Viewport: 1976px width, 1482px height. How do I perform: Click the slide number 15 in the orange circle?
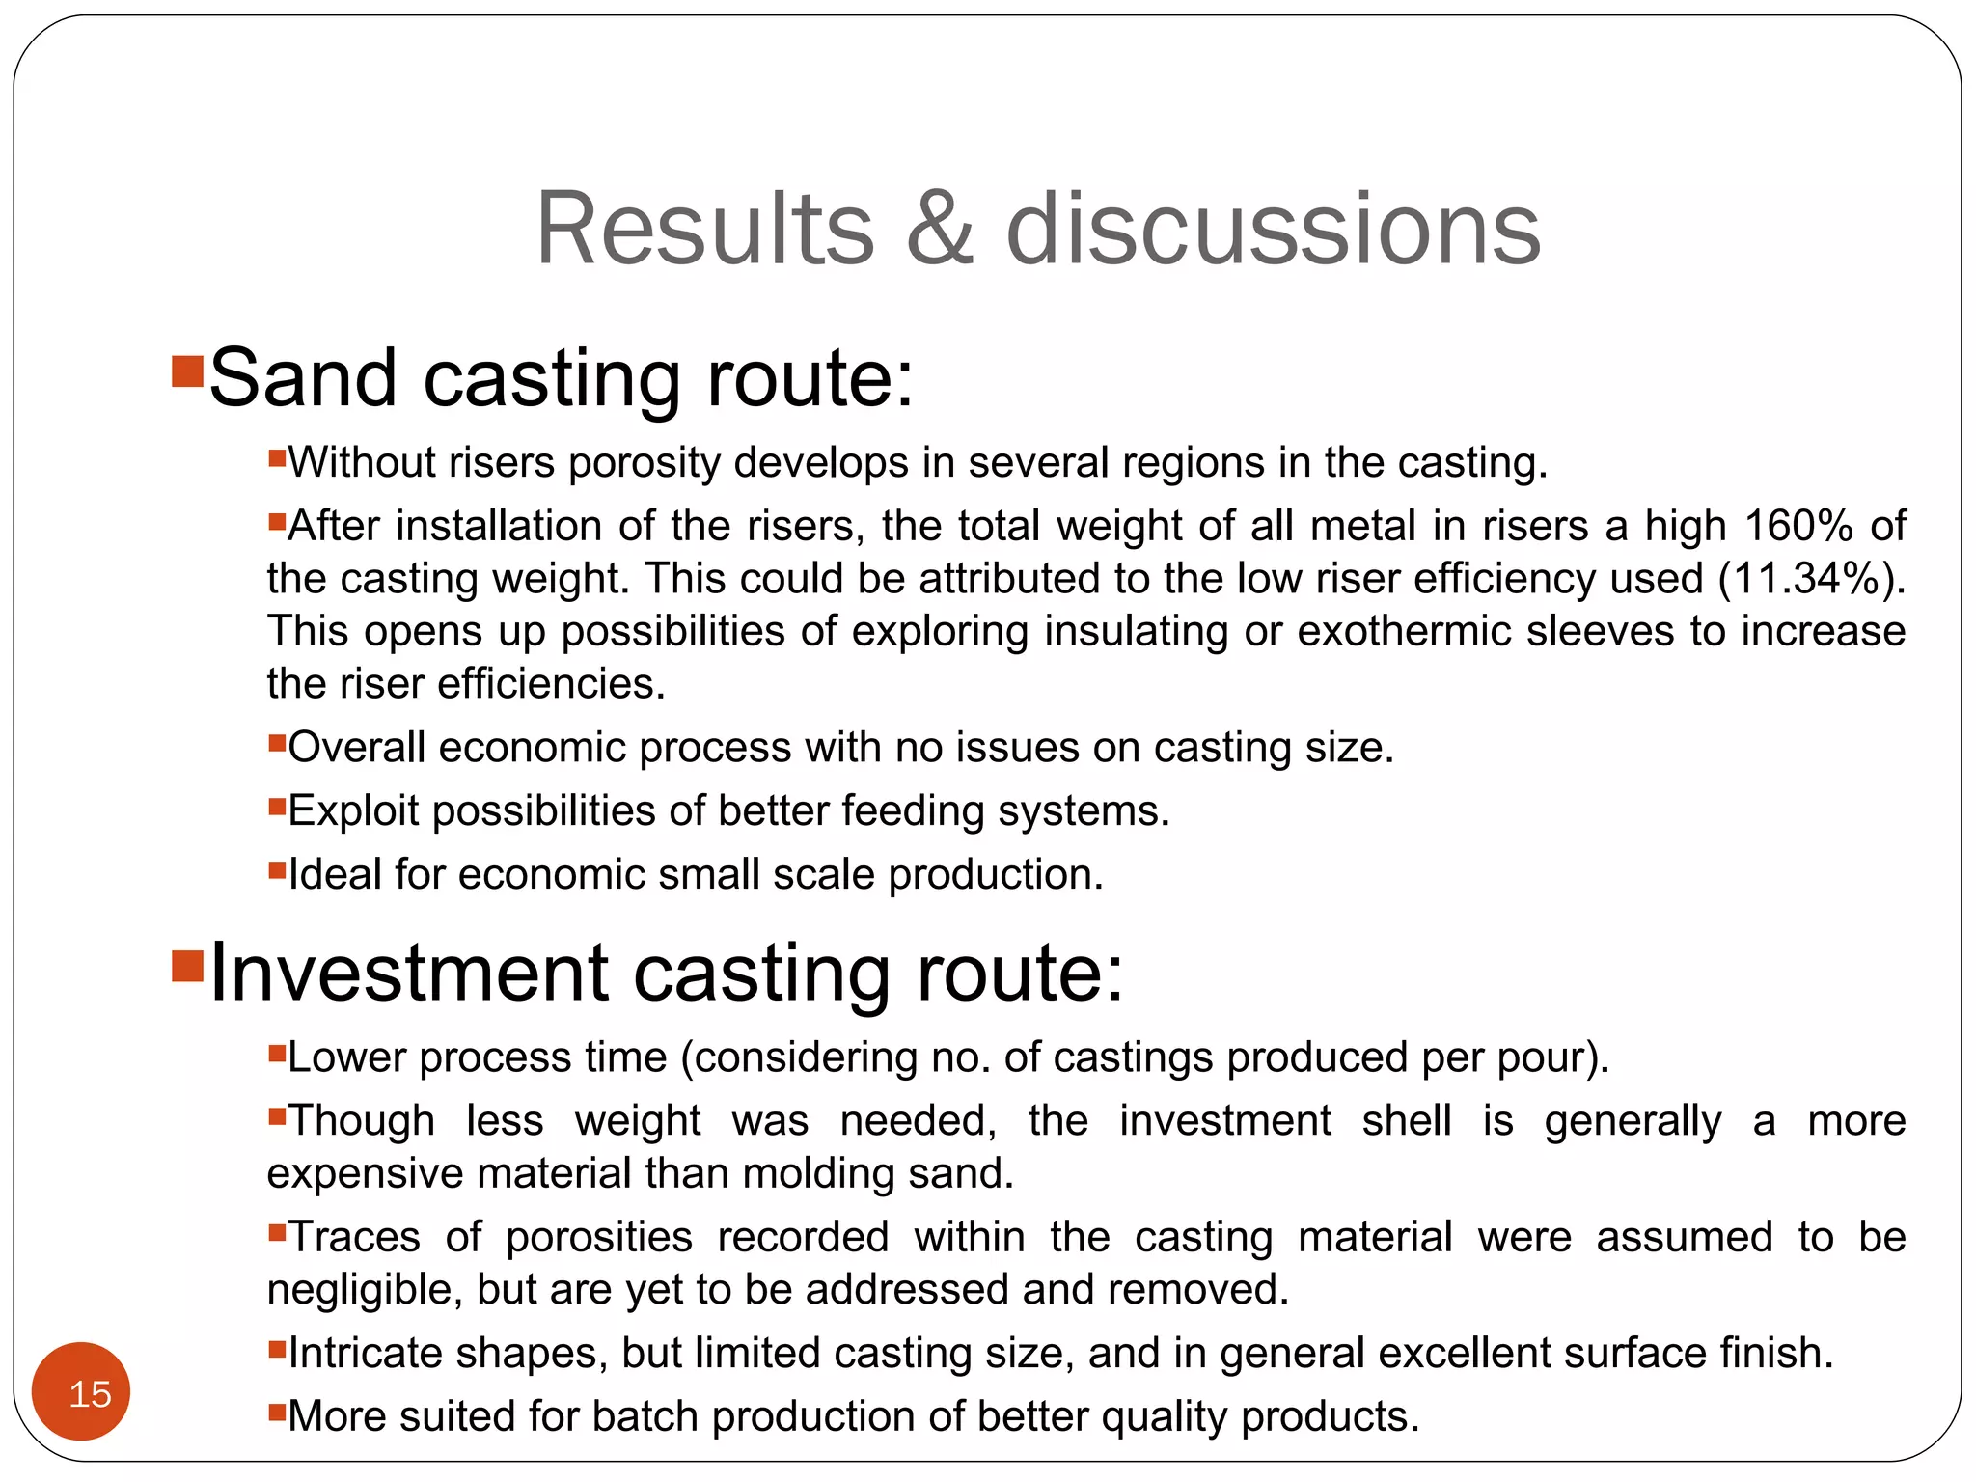[x=90, y=1394]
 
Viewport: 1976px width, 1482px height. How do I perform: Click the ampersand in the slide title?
[x=940, y=229]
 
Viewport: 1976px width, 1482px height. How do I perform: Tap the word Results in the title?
[x=704, y=229]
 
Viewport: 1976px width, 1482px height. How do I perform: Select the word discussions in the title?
[x=1273, y=229]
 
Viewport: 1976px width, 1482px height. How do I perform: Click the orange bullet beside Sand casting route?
[x=186, y=372]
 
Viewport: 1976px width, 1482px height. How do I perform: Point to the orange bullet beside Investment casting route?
[x=186, y=966]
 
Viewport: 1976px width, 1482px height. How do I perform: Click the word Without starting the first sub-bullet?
[x=361, y=463]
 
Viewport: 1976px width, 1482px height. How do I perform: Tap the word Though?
[x=362, y=1121]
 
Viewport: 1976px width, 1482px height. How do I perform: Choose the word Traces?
[x=354, y=1237]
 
